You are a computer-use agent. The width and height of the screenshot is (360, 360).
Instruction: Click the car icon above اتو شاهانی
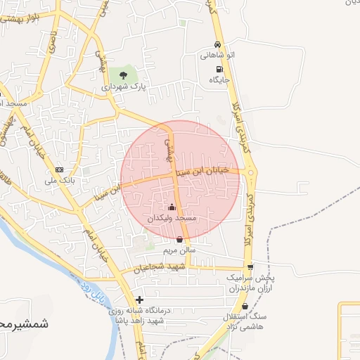point(219,44)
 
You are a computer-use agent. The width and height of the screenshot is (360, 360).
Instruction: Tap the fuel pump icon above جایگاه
point(220,70)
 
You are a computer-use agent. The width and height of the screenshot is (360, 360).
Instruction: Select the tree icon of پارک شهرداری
point(124,75)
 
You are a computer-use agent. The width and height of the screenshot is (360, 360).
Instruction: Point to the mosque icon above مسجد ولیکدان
point(172,207)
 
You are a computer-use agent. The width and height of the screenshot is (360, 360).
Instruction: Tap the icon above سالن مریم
point(179,239)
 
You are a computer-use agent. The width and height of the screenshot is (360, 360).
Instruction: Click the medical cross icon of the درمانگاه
point(140,300)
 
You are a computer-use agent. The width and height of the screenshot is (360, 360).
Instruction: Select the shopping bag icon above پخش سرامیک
point(250,268)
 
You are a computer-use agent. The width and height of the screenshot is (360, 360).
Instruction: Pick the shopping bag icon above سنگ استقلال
point(245,307)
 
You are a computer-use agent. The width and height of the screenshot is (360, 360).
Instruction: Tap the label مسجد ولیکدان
point(172,219)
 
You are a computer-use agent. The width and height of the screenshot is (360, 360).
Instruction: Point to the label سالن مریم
point(179,250)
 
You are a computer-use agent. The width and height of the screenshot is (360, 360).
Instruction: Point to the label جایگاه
point(219,81)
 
